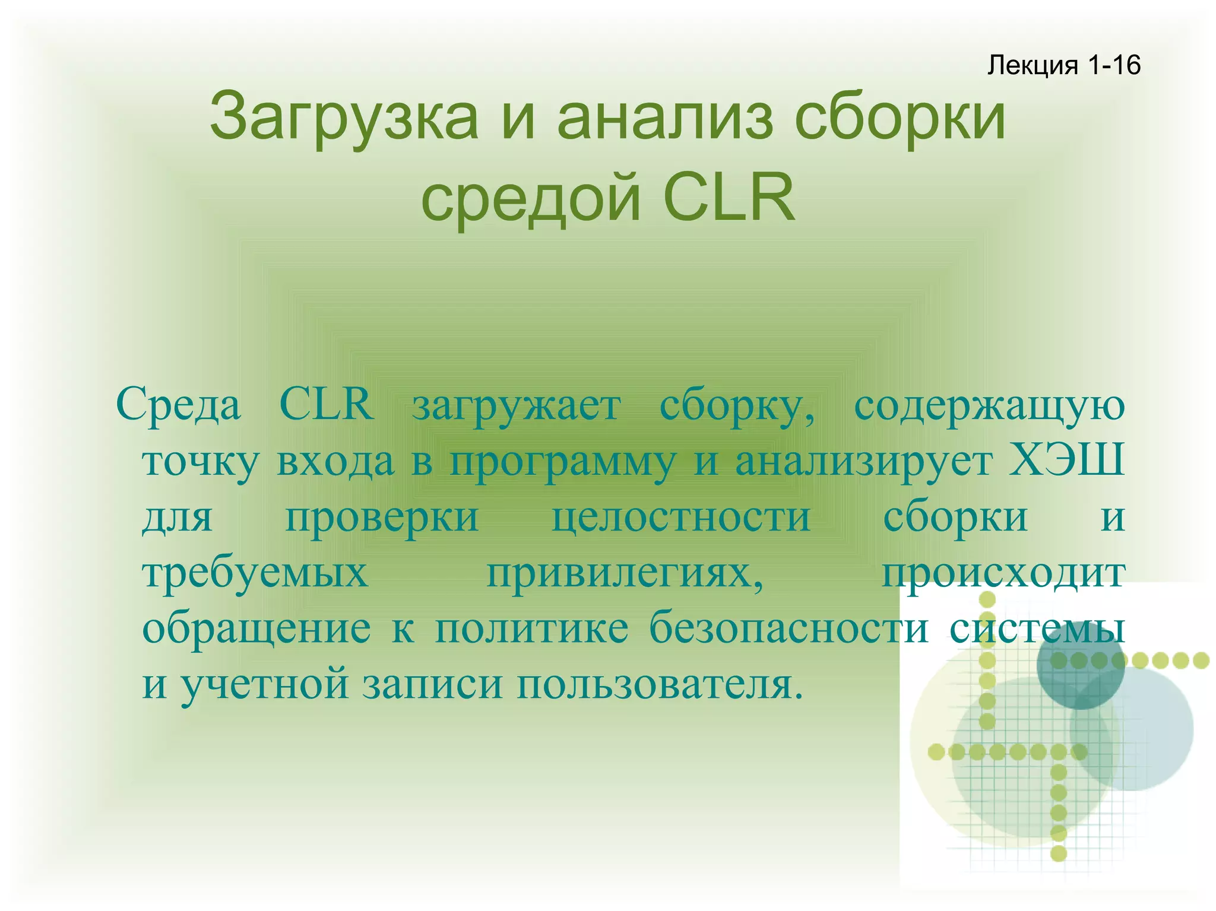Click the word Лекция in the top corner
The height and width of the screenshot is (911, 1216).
pyautogui.click(x=1032, y=65)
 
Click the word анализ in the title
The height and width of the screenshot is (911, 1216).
pyautogui.click(x=665, y=116)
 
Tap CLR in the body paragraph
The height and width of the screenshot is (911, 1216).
pyautogui.click(x=327, y=404)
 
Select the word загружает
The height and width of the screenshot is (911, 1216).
pyautogui.click(x=517, y=407)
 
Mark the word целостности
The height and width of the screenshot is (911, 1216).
pyautogui.click(x=681, y=517)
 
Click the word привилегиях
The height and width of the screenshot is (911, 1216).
pyautogui.click(x=625, y=574)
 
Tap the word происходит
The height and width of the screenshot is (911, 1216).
pyautogui.click(x=1003, y=574)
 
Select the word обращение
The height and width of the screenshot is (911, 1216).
pyautogui.click(x=256, y=629)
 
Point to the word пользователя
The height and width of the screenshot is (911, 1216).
pyautogui.click(x=659, y=684)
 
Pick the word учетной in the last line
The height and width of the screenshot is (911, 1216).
pyautogui.click(x=265, y=684)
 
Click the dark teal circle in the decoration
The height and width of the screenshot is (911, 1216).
pyautogui.click(x=1080, y=666)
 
